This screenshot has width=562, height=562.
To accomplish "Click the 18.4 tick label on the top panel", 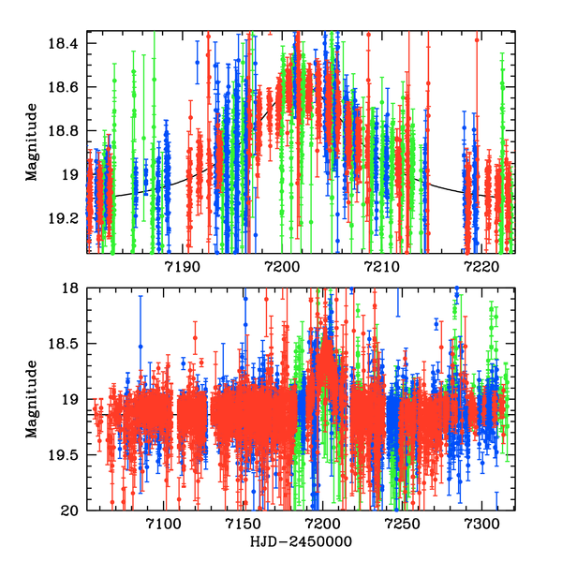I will (x=65, y=44).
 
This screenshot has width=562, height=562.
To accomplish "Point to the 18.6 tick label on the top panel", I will (x=65, y=87).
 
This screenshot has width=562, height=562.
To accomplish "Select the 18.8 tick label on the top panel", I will (x=65, y=131).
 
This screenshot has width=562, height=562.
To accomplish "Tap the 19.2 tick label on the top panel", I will (x=65, y=218).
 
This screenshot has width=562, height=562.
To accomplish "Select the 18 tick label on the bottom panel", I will (x=71, y=288).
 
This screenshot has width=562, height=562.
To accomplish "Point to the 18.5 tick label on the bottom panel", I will (x=65, y=344).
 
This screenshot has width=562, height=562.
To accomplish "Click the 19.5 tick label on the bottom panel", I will (x=65, y=455).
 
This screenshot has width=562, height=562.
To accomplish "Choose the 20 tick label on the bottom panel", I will (x=71, y=510).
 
